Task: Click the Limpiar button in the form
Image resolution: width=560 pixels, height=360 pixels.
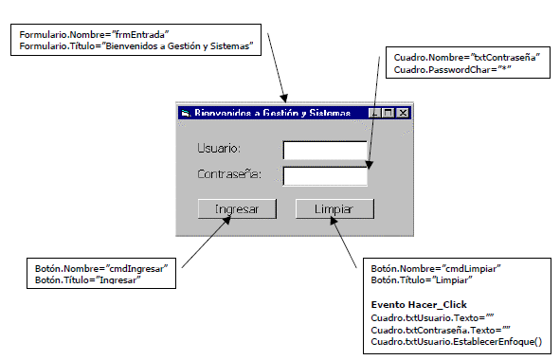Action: (334, 209)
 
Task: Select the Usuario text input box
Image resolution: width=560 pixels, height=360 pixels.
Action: (324, 150)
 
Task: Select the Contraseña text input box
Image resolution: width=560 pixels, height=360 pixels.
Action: (324, 175)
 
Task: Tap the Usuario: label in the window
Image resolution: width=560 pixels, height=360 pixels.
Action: (219, 150)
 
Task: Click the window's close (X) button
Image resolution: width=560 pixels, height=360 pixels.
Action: (403, 113)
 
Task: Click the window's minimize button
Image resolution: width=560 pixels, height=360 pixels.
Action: (376, 113)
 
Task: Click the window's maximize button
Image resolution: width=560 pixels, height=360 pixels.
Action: (389, 113)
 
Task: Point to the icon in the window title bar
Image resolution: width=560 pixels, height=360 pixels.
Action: (186, 113)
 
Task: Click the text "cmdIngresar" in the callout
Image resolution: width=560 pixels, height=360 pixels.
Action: (135, 269)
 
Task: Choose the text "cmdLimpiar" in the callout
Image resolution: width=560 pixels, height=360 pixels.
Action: (468, 269)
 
